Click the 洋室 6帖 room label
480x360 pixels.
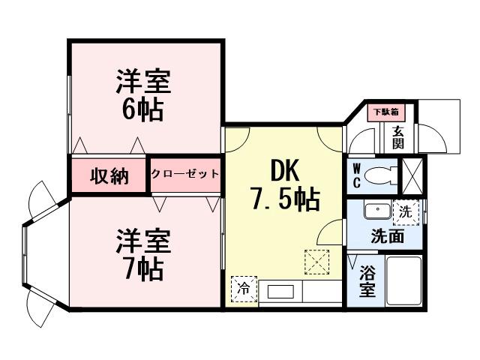[142, 95]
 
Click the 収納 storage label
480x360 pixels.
[109, 176]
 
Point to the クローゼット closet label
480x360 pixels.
[185, 174]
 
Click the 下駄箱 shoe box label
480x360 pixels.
[387, 112]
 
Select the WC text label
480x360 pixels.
[357, 175]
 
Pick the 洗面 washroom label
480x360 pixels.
[388, 237]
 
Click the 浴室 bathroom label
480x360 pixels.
[367, 282]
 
